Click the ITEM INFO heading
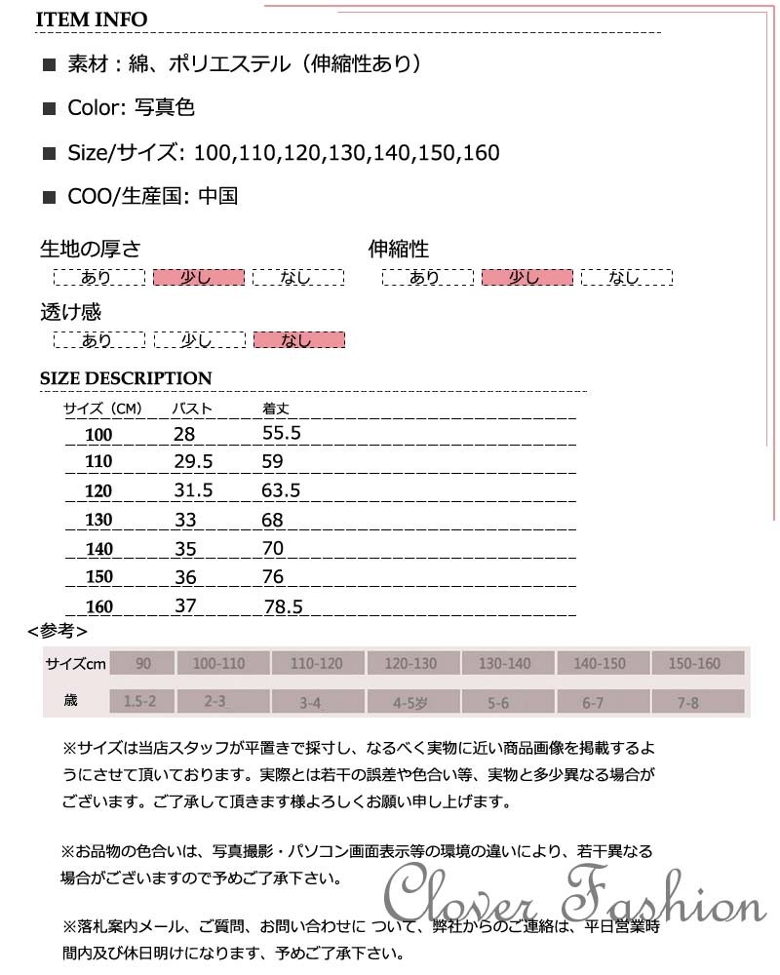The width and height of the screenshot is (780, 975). pos(94,19)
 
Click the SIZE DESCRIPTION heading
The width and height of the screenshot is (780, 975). pos(126,378)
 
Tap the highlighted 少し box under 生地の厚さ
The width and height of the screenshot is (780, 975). pos(198,278)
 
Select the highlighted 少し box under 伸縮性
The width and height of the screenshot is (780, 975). pos(526,278)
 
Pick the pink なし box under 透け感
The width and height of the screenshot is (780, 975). pos(298,339)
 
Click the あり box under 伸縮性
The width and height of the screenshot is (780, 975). pos(426,278)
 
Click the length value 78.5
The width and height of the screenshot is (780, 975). pos(284,606)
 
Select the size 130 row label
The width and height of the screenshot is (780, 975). pos(98,521)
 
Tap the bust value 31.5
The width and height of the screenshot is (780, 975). pos(193,490)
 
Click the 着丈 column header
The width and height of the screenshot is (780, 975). pos(277,409)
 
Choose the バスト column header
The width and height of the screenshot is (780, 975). pos(192,409)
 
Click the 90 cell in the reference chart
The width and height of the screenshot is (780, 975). pos(143,664)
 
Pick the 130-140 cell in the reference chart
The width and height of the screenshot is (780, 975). pos(504,664)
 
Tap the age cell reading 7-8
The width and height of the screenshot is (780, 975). pos(689,701)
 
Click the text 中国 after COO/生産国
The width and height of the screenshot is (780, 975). pos(217,197)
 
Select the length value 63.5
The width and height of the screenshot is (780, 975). pos(281,490)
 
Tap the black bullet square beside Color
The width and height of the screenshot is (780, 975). pos(50,109)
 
